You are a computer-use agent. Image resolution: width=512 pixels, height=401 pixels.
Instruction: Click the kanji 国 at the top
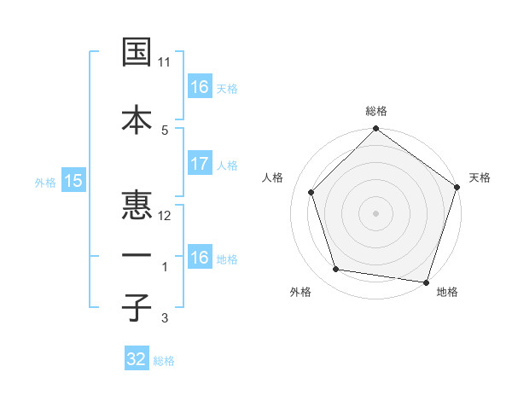[137, 52]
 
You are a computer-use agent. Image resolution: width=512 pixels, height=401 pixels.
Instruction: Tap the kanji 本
[137, 119]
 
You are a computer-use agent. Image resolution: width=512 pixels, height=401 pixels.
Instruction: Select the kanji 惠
[137, 205]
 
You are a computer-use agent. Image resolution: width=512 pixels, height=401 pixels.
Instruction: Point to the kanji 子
[137, 308]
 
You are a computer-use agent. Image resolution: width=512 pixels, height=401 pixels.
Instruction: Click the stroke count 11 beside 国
[165, 62]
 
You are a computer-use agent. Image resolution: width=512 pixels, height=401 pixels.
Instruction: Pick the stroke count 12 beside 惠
[165, 216]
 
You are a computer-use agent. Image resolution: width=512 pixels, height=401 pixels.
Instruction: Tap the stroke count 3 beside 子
[165, 318]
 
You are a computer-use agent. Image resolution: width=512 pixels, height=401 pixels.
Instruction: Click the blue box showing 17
[199, 165]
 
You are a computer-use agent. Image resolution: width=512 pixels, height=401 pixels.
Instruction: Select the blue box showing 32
[137, 359]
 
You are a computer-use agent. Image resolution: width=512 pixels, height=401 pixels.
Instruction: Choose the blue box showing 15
[73, 180]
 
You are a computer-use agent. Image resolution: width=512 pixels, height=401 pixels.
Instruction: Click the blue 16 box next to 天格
[199, 87]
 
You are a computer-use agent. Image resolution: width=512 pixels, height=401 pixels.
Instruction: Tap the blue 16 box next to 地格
[199, 258]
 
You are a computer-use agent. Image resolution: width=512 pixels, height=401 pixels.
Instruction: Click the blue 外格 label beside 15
[45, 182]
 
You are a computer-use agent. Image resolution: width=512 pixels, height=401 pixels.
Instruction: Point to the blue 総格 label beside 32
[164, 361]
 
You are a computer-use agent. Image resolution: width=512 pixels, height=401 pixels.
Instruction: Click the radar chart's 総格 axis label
[376, 111]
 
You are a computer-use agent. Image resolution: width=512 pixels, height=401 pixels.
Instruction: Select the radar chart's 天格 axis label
[480, 177]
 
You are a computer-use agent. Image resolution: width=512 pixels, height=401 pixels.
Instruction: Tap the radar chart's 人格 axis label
[273, 177]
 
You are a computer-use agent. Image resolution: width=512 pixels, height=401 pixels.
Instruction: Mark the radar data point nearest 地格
[426, 282]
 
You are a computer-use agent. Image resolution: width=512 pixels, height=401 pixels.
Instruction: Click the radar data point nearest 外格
[336, 270]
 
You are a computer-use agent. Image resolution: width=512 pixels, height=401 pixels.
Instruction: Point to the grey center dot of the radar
[376, 212]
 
